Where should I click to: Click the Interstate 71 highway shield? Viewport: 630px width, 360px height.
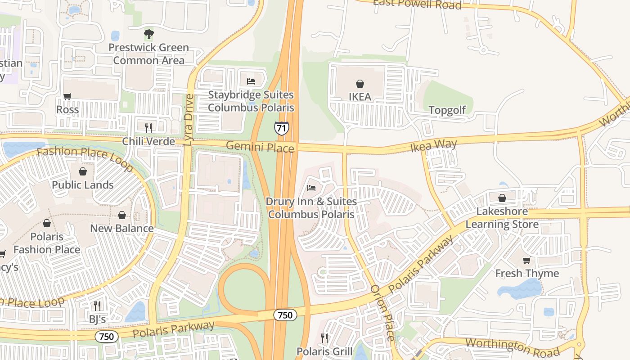(281, 128)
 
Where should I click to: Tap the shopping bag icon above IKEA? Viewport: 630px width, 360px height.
(360, 83)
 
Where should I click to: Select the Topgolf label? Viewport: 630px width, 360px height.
(447, 110)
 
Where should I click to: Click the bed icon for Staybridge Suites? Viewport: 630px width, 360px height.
(251, 81)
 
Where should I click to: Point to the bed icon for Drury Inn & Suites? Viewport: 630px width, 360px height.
(311, 188)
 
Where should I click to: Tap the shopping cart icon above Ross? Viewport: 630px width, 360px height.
(67, 96)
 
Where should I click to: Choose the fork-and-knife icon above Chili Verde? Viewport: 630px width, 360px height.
(148, 128)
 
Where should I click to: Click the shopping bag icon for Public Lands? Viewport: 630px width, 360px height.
(83, 171)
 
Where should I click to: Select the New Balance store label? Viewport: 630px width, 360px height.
(122, 228)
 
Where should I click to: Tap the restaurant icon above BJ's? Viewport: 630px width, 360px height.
(97, 306)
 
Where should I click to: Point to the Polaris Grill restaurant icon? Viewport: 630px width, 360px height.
(324, 337)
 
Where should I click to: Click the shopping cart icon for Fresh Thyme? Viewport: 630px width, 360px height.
(527, 260)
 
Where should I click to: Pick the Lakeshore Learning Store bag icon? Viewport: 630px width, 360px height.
(502, 198)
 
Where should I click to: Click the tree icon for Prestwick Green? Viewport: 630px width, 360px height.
(148, 34)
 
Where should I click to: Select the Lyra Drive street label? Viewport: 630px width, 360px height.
(189, 120)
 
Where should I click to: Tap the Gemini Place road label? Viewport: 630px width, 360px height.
(260, 146)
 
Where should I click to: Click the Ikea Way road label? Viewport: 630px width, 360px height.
(433, 145)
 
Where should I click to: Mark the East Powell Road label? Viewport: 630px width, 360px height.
(418, 4)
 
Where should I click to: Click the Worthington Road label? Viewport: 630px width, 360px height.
(513, 347)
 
